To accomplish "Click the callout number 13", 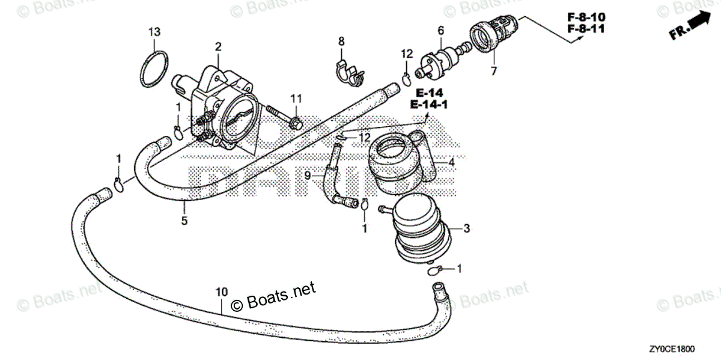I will (154, 31).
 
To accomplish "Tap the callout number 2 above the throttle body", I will (218, 46).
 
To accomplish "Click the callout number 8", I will (341, 41).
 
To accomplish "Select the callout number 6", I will (440, 29).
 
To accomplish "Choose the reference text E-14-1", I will (429, 105).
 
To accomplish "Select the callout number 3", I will (466, 228).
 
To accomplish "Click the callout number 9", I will (306, 175).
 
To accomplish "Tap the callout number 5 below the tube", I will (184, 221).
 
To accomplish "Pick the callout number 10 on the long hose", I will (222, 291).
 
